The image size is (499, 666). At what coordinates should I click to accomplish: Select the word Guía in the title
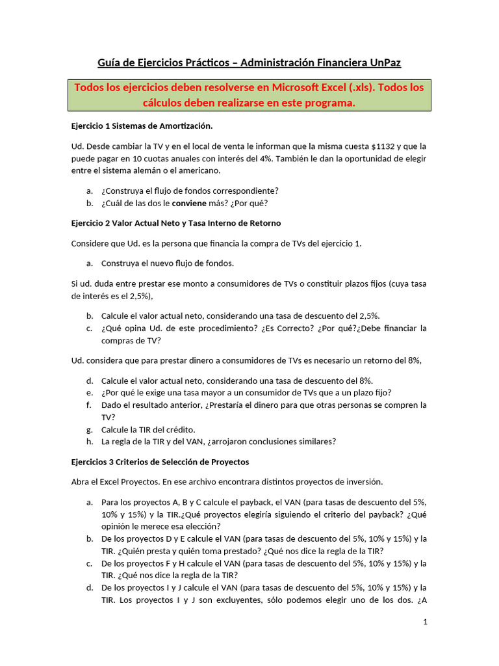tap(110, 62)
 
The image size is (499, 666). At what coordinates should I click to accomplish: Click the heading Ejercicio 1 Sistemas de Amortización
tap(141, 125)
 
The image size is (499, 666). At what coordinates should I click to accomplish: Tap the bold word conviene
tap(190, 203)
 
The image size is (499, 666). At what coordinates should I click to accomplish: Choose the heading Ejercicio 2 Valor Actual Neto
tap(175, 223)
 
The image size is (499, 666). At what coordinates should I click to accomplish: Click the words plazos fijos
tap(372, 284)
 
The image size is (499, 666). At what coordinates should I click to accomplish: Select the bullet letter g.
tap(89, 429)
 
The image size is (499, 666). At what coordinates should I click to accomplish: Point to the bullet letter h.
tap(89, 442)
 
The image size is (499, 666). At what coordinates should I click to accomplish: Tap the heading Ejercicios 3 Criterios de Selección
tap(160, 462)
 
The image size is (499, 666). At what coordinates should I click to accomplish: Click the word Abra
tap(81, 482)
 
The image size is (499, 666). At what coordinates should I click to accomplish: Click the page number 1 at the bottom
tap(424, 622)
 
